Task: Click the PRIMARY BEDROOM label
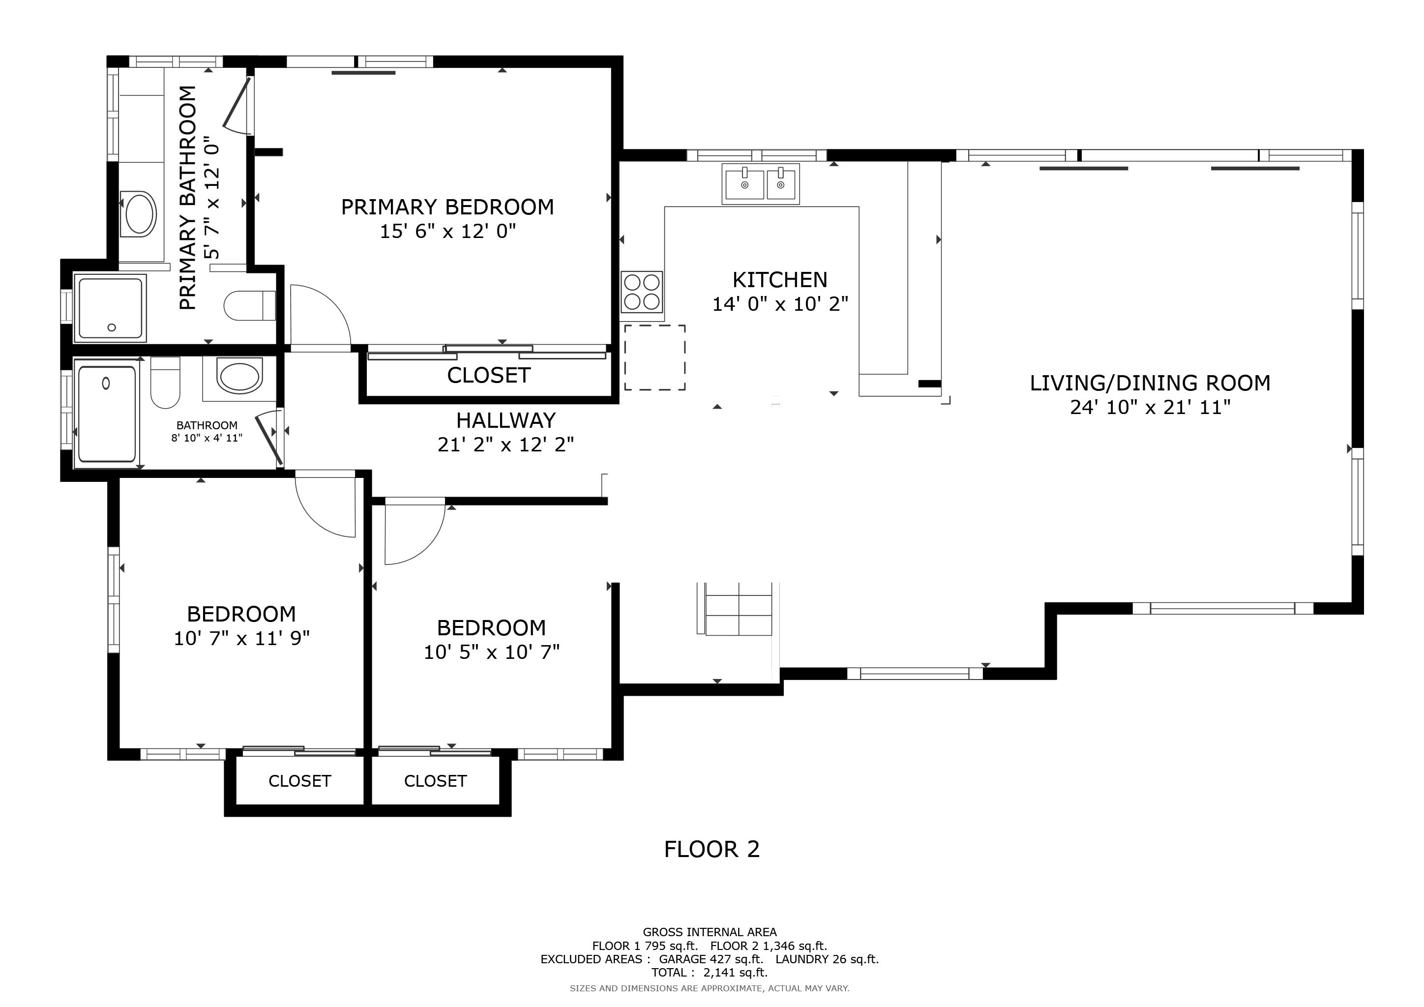point(447,207)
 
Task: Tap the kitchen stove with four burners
point(641,292)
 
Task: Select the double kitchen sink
point(760,184)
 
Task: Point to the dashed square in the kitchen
point(654,358)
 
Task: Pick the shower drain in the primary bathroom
point(112,327)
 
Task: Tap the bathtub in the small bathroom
point(107,414)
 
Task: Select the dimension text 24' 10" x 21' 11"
point(1150,408)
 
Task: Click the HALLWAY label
point(505,421)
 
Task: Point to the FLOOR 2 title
point(712,850)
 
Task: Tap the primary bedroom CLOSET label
point(489,376)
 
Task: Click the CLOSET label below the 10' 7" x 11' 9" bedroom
point(299,781)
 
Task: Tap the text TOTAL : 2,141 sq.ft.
point(709,973)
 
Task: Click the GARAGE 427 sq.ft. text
point(711,959)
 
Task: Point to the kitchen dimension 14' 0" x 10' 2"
point(779,304)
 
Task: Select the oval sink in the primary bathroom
point(140,214)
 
